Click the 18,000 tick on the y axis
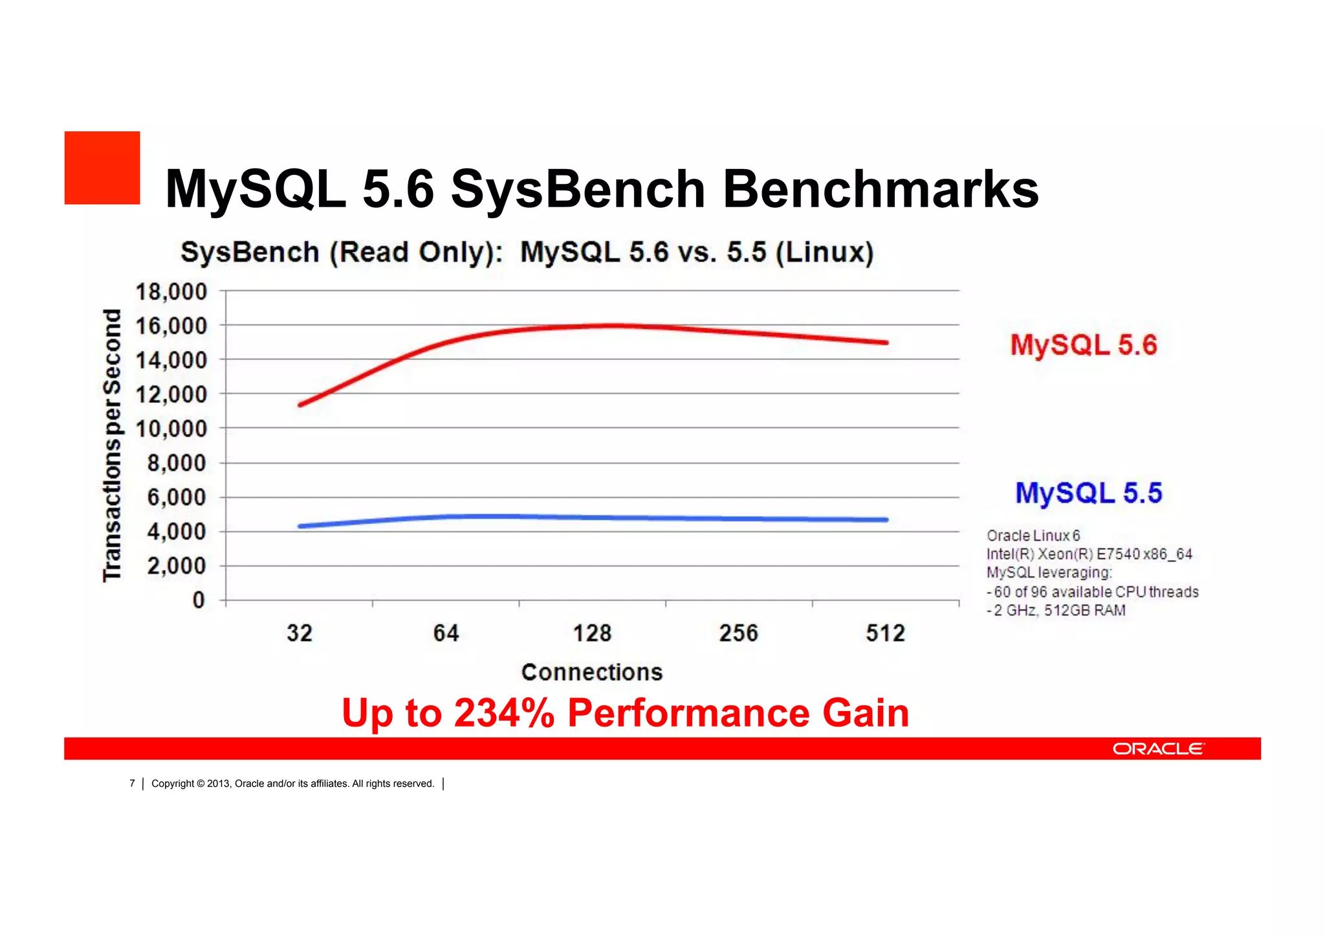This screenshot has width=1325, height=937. click(171, 292)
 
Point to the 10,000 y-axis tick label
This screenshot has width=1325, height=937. click(171, 429)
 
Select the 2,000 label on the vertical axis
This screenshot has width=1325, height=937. click(176, 566)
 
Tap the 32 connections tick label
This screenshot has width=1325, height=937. click(300, 633)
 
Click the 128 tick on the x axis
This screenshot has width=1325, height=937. click(592, 633)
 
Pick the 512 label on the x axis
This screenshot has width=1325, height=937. click(885, 633)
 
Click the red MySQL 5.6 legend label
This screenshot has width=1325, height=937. click(1084, 344)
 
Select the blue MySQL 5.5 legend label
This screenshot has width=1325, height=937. click(1089, 493)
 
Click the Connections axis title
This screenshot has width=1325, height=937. click(592, 672)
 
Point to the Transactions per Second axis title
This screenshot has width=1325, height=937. click(113, 446)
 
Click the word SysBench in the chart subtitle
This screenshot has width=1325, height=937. click(250, 252)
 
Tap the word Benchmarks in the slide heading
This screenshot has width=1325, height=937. click(880, 189)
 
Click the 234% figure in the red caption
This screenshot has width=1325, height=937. click(504, 713)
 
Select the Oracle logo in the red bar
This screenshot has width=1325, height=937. click(1158, 749)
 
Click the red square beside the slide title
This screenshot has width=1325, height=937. click(102, 168)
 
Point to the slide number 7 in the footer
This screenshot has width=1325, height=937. click(132, 784)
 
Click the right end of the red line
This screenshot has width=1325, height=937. click(886, 343)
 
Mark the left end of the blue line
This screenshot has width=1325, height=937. click(300, 526)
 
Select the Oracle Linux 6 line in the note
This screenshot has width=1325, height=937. click(1033, 536)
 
